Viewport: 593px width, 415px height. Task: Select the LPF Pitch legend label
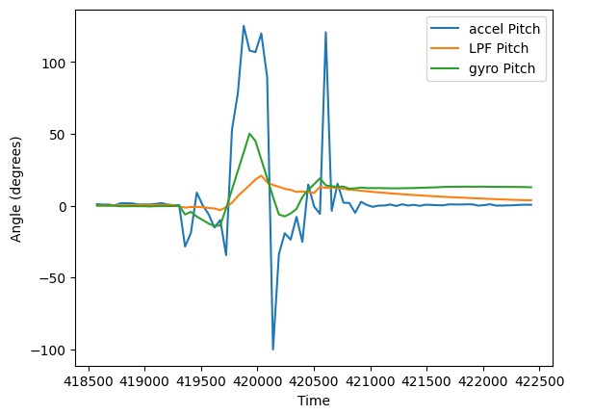click(x=502, y=50)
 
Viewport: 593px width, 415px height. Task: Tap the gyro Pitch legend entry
click(x=504, y=72)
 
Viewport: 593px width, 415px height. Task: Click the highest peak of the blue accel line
click(x=244, y=26)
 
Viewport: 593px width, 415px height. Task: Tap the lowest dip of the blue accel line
click(x=273, y=349)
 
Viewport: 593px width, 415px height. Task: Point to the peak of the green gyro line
click(x=249, y=134)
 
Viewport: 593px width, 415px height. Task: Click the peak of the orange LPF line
click(x=261, y=175)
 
